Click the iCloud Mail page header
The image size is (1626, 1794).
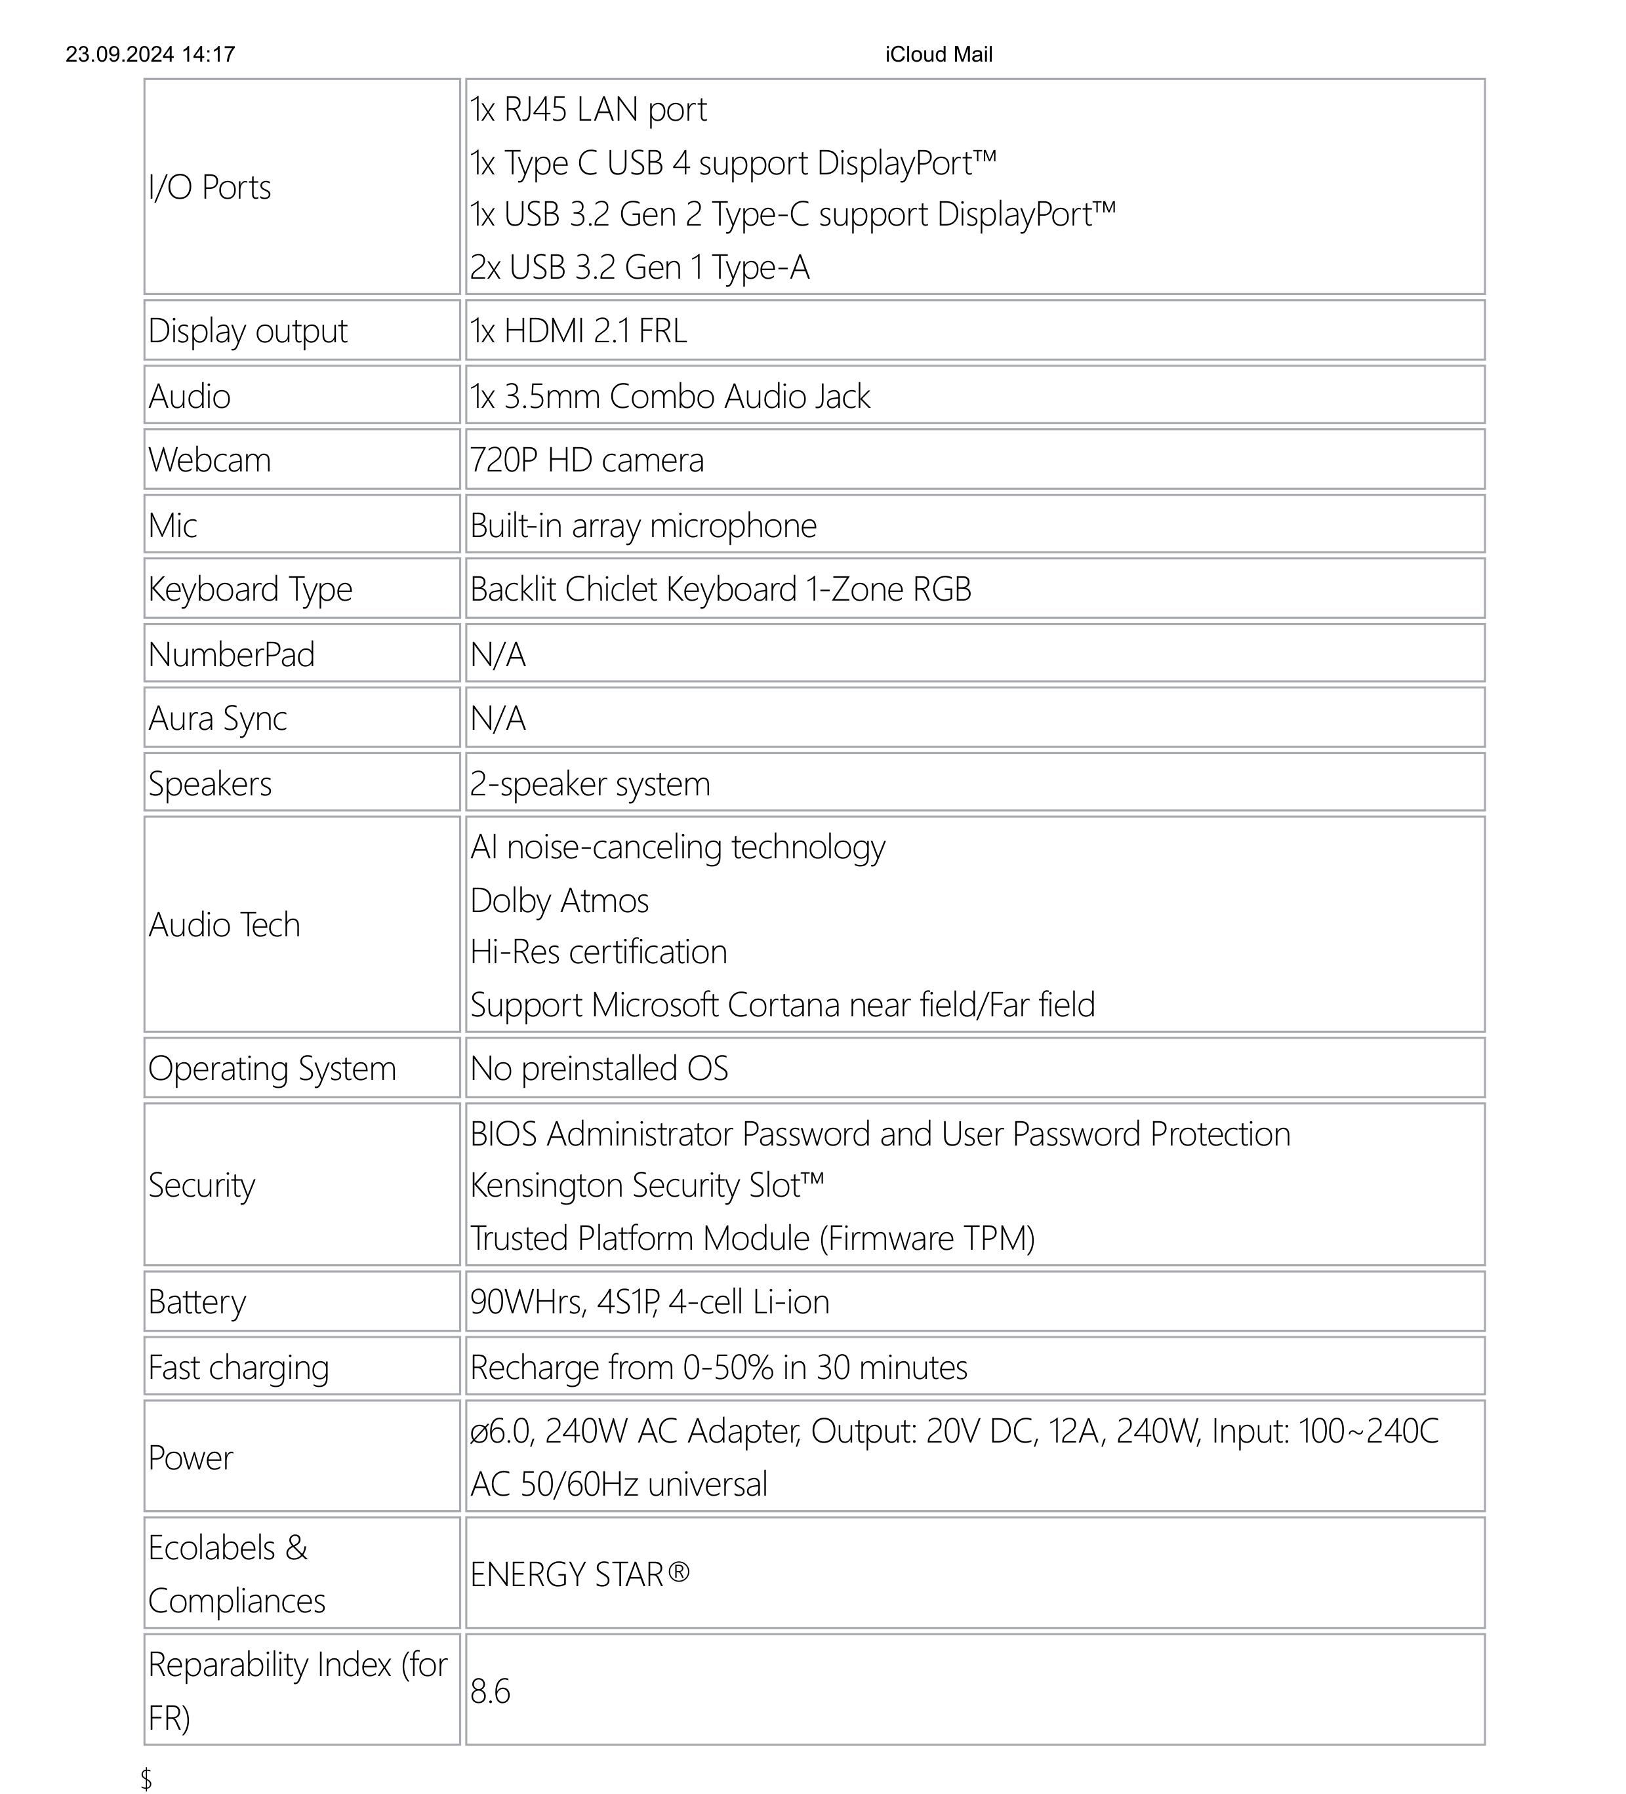(938, 54)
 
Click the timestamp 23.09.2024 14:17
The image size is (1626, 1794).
(150, 54)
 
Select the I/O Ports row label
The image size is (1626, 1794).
(209, 187)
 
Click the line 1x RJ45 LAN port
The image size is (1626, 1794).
(588, 110)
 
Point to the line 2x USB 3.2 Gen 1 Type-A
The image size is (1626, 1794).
(639, 267)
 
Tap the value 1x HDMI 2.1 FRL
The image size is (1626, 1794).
(579, 331)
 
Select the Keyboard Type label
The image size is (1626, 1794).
(250, 589)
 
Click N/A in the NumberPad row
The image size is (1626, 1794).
(497, 655)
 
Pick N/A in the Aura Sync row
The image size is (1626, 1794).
(497, 718)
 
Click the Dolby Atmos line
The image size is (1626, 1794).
(559, 900)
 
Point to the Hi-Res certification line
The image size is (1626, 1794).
(598, 952)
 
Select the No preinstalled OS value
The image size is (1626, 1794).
(599, 1069)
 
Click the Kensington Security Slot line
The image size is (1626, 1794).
(647, 1186)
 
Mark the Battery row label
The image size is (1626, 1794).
(197, 1302)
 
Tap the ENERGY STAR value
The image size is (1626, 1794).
(579, 1574)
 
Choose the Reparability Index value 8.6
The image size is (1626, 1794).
(491, 1691)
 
